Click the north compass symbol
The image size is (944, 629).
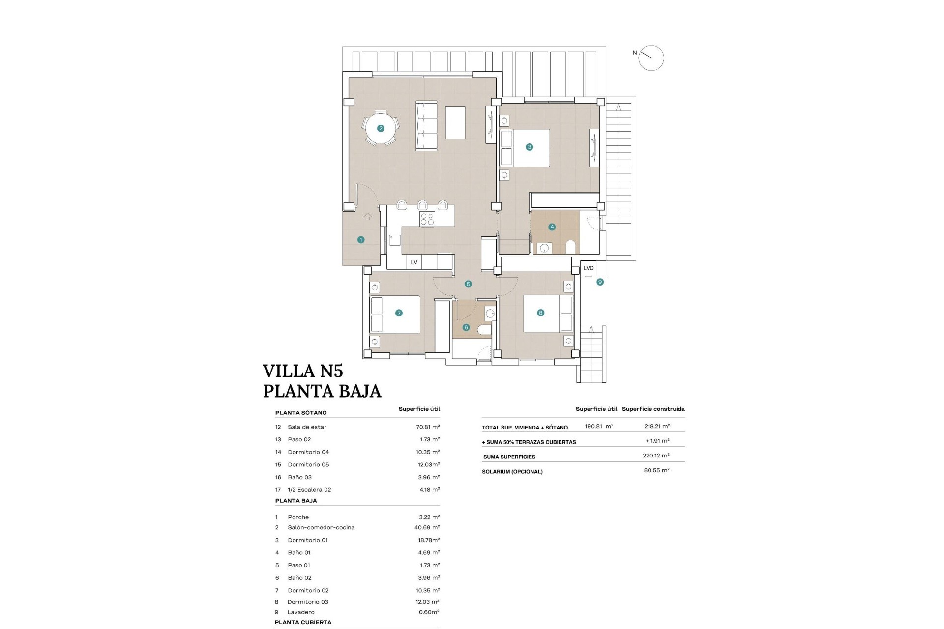650,58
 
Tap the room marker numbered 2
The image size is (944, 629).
380,128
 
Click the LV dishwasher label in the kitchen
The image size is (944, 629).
414,262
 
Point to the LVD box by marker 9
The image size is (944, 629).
588,268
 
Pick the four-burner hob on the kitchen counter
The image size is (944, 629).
427,219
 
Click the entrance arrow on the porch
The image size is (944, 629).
367,217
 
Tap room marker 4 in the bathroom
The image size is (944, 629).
552,227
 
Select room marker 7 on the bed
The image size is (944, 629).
399,313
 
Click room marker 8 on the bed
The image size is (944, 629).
541,313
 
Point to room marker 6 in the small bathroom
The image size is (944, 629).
466,327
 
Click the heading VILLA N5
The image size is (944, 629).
303,371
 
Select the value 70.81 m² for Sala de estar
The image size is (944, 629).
428,427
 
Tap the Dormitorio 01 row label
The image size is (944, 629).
308,540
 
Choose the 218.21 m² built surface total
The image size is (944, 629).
657,427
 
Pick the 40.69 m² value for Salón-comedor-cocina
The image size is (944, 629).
427,527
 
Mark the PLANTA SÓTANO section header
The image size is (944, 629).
301,413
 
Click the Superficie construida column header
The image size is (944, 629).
653,409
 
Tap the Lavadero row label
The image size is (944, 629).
301,612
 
